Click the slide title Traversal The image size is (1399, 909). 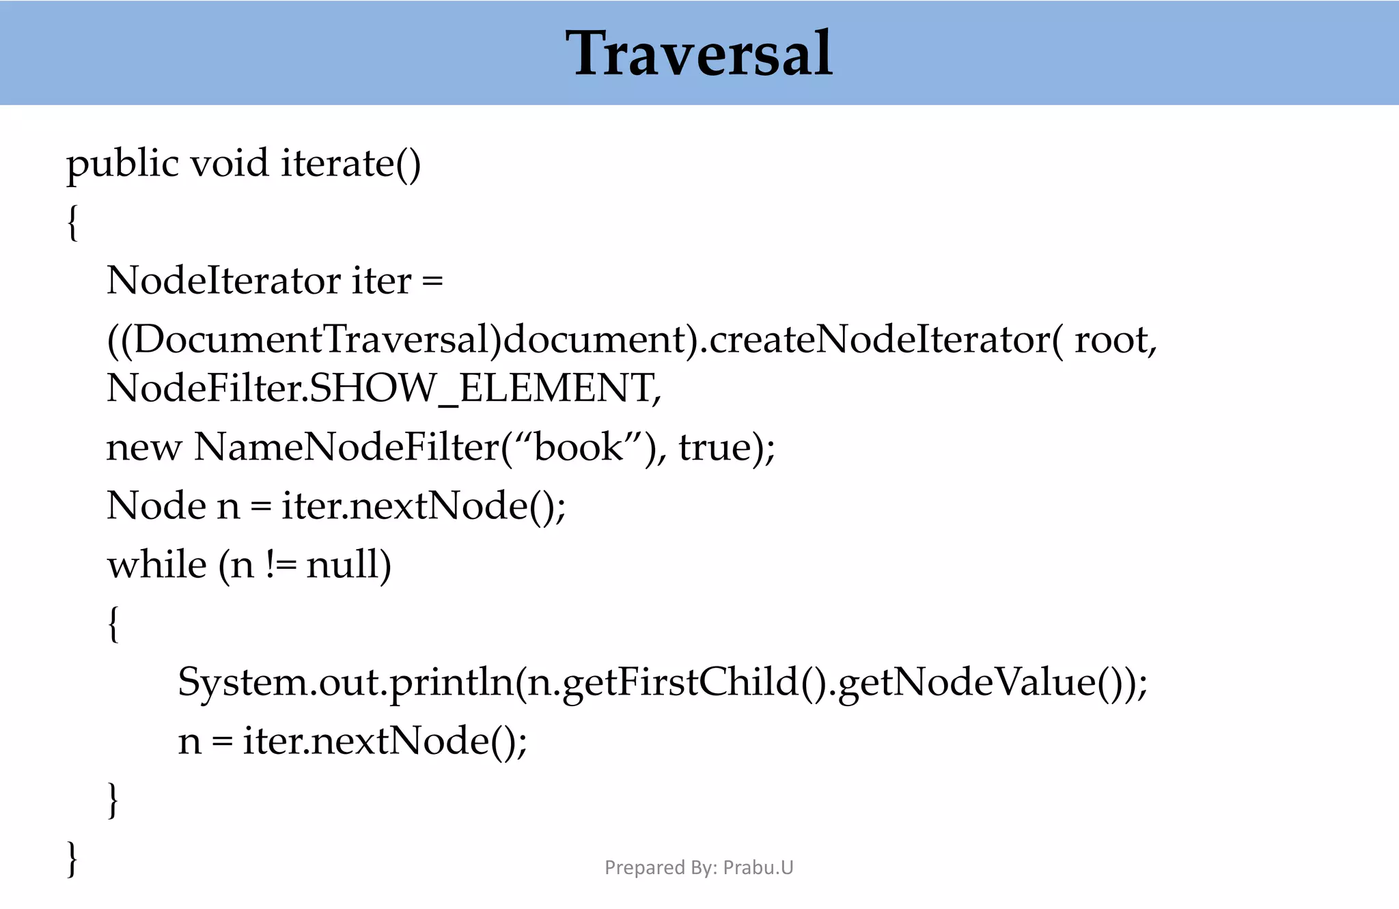click(699, 53)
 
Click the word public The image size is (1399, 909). click(122, 164)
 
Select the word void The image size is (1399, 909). click(229, 164)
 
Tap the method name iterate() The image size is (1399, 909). click(351, 164)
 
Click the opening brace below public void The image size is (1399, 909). click(73, 223)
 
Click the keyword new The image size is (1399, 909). click(144, 447)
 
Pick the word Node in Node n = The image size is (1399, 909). click(156, 506)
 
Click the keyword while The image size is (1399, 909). click(156, 565)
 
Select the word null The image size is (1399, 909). click(348, 565)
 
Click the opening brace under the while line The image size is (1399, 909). click(113, 624)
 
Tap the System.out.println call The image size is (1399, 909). click(345, 682)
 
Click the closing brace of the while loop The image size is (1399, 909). click(113, 799)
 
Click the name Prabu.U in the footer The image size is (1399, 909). click(758, 867)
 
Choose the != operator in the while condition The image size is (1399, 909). click(280, 565)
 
